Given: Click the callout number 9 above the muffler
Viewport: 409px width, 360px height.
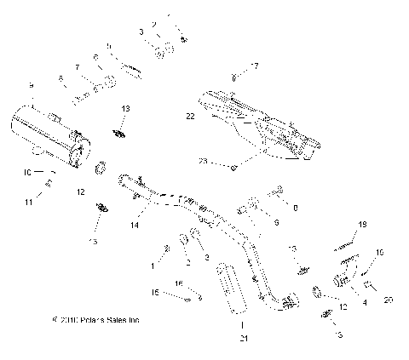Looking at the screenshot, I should [x=32, y=86].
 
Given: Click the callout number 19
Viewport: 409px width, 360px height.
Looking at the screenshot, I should [x=361, y=224].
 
